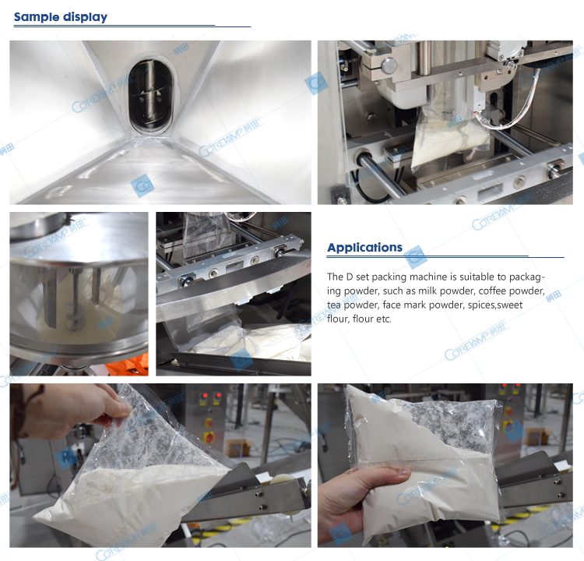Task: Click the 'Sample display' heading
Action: pos(61,17)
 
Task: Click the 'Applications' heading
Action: pos(364,248)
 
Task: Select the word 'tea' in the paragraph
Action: pos(333,305)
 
